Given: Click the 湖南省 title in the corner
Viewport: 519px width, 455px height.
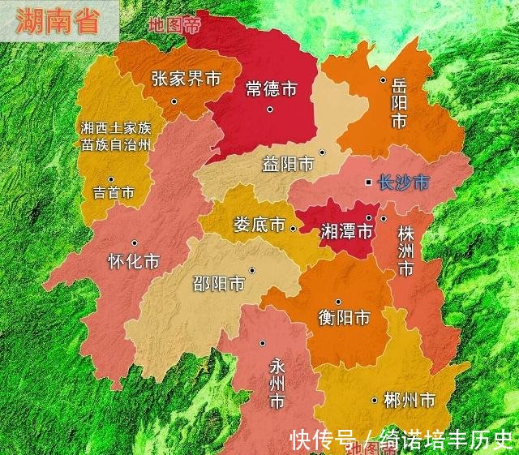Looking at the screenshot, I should point(58,21).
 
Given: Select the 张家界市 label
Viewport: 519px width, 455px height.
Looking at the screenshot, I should point(186,79).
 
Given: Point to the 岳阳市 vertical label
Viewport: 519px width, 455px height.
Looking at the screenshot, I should point(398,103).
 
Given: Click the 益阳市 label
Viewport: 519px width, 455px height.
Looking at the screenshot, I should point(288,165).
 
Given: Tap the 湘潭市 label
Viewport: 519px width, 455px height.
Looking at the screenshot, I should point(346,231).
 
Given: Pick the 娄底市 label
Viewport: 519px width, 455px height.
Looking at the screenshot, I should point(259,224).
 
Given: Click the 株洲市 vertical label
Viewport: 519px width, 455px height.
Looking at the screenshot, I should point(405,250).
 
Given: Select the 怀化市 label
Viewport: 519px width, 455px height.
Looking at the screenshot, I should point(134,262).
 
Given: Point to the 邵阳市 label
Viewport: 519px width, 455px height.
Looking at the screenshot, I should point(218,284).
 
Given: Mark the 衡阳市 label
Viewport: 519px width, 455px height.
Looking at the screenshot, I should point(344,317).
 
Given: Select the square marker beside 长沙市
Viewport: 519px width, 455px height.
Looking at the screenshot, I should point(368,182).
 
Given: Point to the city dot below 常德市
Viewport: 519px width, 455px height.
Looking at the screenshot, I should point(270,109).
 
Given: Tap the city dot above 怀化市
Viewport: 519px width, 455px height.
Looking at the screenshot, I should point(134,243).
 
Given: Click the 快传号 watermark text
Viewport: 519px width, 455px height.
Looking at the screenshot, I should point(323,440).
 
